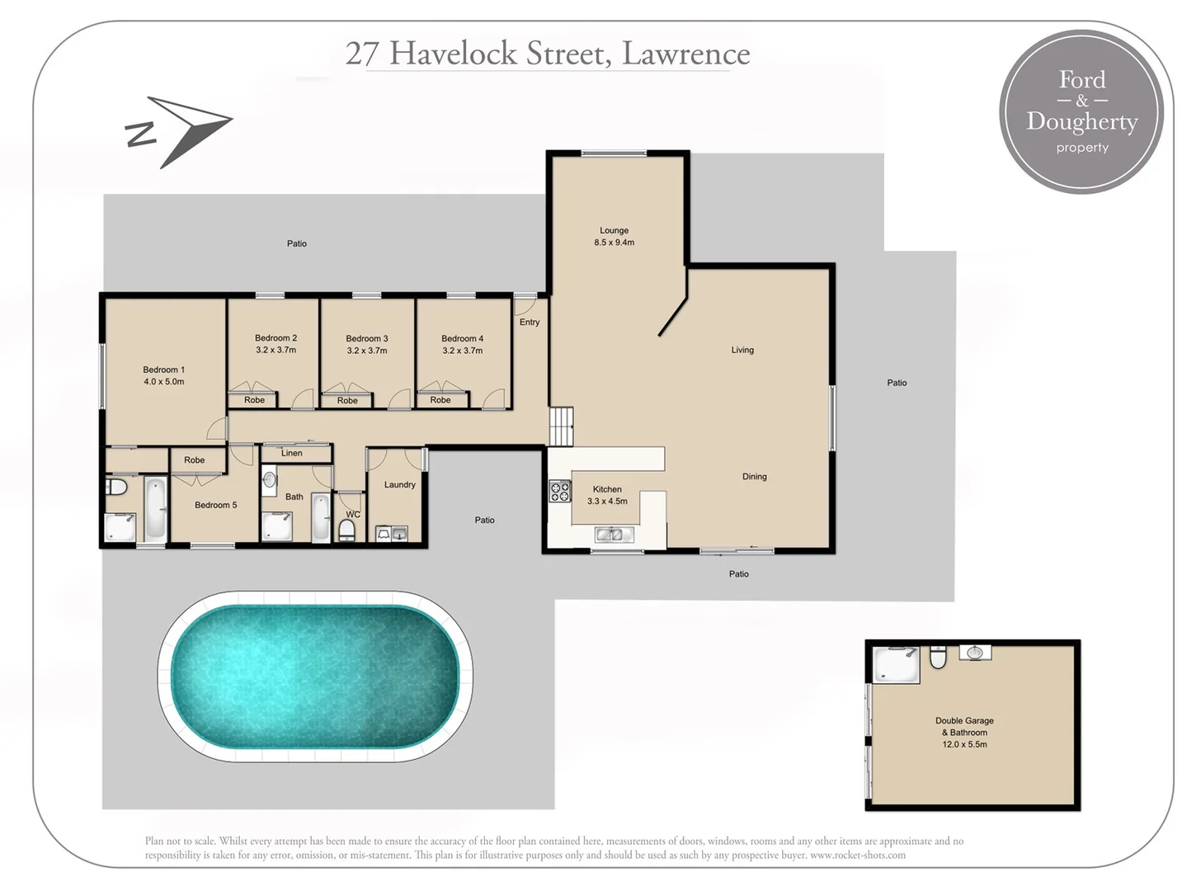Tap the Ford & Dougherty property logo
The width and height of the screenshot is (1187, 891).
1081,112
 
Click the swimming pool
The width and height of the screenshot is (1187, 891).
315,676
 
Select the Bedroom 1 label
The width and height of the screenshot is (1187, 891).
163,370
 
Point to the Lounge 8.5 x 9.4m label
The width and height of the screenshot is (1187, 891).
614,237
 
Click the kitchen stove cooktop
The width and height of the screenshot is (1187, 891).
560,492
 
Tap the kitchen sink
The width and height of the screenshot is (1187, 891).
614,535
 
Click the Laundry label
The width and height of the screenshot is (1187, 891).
399,485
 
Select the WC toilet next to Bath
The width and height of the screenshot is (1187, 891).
347,529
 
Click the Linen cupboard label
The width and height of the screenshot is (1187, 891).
291,453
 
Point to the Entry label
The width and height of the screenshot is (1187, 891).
530,323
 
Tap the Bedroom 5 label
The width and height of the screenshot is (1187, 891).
215,505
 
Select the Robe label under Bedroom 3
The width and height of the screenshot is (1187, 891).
347,401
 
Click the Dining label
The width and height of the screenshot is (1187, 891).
754,477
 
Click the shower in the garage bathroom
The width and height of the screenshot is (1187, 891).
897,665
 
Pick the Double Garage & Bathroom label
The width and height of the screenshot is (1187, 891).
964,732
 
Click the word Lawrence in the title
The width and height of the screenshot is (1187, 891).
685,54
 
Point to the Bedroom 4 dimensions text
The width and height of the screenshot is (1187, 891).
462,351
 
